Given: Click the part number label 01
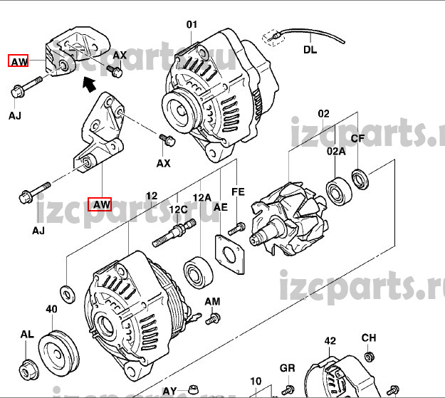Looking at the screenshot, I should click(x=192, y=25).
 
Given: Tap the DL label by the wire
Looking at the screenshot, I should click(x=310, y=50).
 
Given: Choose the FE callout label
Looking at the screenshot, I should click(x=238, y=192).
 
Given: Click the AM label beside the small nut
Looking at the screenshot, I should click(x=212, y=302).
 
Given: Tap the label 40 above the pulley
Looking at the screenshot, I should click(x=51, y=310).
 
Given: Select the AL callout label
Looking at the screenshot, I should click(x=26, y=334).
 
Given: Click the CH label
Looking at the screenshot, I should click(x=368, y=337).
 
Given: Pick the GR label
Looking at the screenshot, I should click(x=287, y=368).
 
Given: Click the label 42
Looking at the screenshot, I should click(x=330, y=341).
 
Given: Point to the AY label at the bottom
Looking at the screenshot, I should click(x=169, y=391).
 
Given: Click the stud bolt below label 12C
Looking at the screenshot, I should click(x=174, y=233).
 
